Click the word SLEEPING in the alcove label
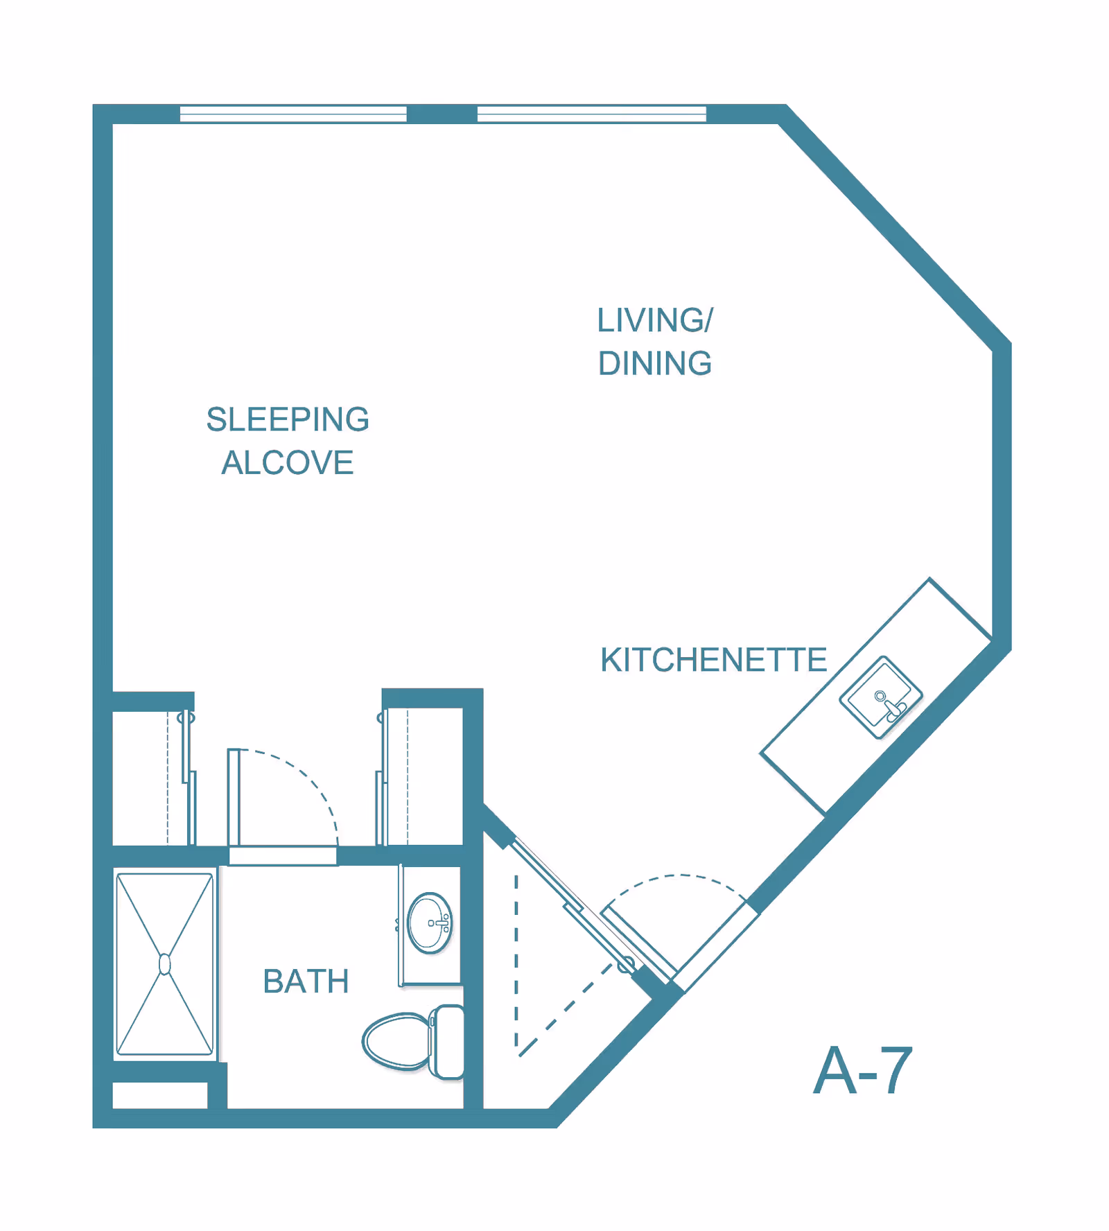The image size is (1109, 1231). click(288, 419)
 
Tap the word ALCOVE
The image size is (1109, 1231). click(288, 463)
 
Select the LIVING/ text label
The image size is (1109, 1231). click(655, 320)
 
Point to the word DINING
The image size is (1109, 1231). click(655, 363)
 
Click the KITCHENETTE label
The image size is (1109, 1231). click(714, 660)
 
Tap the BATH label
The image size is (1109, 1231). click(306, 981)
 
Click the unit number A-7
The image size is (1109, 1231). click(863, 1071)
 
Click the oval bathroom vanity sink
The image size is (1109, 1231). click(430, 923)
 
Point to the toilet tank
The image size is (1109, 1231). click(448, 1042)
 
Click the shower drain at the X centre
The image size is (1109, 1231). click(165, 964)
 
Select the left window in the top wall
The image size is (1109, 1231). click(293, 114)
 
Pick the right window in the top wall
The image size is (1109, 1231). click(592, 114)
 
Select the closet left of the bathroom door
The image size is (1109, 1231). click(153, 777)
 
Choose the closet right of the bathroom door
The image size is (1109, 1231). click(421, 776)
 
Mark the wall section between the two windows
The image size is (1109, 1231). click(442, 114)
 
